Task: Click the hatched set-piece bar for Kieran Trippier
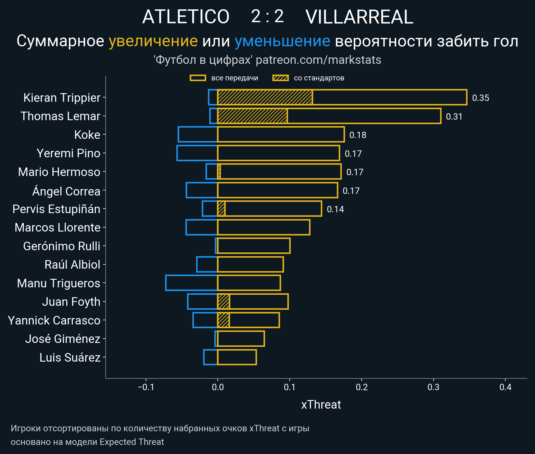click(x=265, y=97)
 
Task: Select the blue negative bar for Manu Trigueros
click(x=192, y=283)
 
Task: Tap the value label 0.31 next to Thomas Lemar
click(x=454, y=116)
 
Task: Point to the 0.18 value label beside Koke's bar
click(x=358, y=135)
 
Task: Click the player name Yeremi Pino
click(x=68, y=153)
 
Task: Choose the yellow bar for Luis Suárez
click(x=237, y=357)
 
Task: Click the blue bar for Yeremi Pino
click(x=197, y=153)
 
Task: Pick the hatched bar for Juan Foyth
click(x=224, y=302)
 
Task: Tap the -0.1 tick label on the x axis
click(x=146, y=387)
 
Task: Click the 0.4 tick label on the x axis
click(x=505, y=387)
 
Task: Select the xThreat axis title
click(x=321, y=405)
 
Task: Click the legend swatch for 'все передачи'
click(x=198, y=78)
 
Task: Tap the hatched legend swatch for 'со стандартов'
click(x=280, y=78)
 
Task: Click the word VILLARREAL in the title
click(x=359, y=17)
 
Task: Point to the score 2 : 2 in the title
click(x=267, y=17)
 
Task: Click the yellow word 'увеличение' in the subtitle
click(x=153, y=41)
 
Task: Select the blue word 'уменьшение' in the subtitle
click(x=282, y=41)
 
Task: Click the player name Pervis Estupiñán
click(x=56, y=209)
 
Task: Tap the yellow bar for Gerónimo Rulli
click(x=254, y=246)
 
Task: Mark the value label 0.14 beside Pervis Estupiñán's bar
click(x=335, y=209)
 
